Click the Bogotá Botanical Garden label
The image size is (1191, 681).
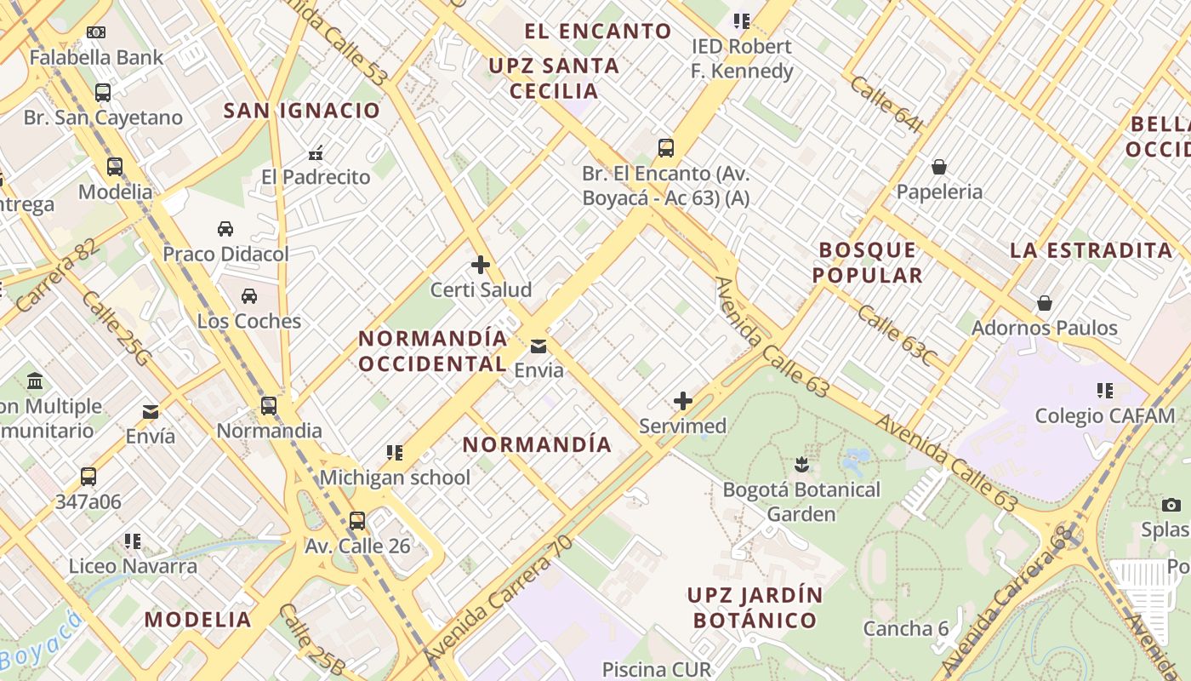801,501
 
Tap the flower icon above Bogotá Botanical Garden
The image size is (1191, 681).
801,465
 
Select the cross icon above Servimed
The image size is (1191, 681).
683,401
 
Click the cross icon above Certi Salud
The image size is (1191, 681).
481,265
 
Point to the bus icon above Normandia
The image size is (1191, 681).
269,406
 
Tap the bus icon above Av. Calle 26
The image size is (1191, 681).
357,521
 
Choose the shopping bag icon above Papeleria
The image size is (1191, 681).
939,167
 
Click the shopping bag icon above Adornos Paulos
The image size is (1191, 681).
1044,303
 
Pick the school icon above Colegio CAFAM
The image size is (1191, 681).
1105,391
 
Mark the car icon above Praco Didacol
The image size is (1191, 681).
225,229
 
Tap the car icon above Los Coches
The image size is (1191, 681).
249,296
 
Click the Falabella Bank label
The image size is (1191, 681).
96,57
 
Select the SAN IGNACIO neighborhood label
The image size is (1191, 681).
301,111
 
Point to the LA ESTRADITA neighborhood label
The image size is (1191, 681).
1091,250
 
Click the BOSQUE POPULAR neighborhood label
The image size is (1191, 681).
868,262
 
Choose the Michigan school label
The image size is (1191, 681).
395,478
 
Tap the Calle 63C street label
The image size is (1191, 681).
896,335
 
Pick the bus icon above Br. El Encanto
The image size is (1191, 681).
666,148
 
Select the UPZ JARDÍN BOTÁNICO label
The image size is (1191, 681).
755,607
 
